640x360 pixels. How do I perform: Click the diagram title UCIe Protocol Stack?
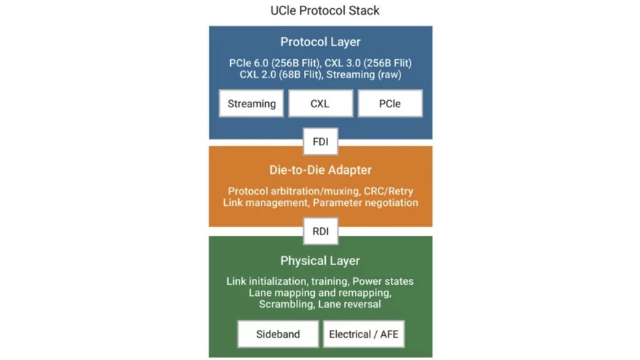(x=320, y=11)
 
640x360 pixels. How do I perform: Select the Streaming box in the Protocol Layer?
(x=251, y=104)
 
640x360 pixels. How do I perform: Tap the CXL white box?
(x=320, y=104)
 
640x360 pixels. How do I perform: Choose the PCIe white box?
(x=389, y=104)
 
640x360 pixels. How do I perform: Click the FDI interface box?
(x=320, y=142)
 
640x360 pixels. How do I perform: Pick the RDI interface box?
(x=320, y=231)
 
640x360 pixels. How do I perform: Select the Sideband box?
(x=278, y=334)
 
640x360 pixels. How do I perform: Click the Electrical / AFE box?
(x=363, y=334)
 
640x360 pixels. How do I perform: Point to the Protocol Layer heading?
(x=320, y=42)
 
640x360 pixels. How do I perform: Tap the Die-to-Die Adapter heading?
(x=320, y=170)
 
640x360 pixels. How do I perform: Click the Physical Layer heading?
(x=320, y=261)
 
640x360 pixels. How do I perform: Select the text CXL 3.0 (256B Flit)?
(x=367, y=63)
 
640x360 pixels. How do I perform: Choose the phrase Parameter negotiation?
(x=366, y=202)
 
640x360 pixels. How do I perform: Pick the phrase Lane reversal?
(x=349, y=304)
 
